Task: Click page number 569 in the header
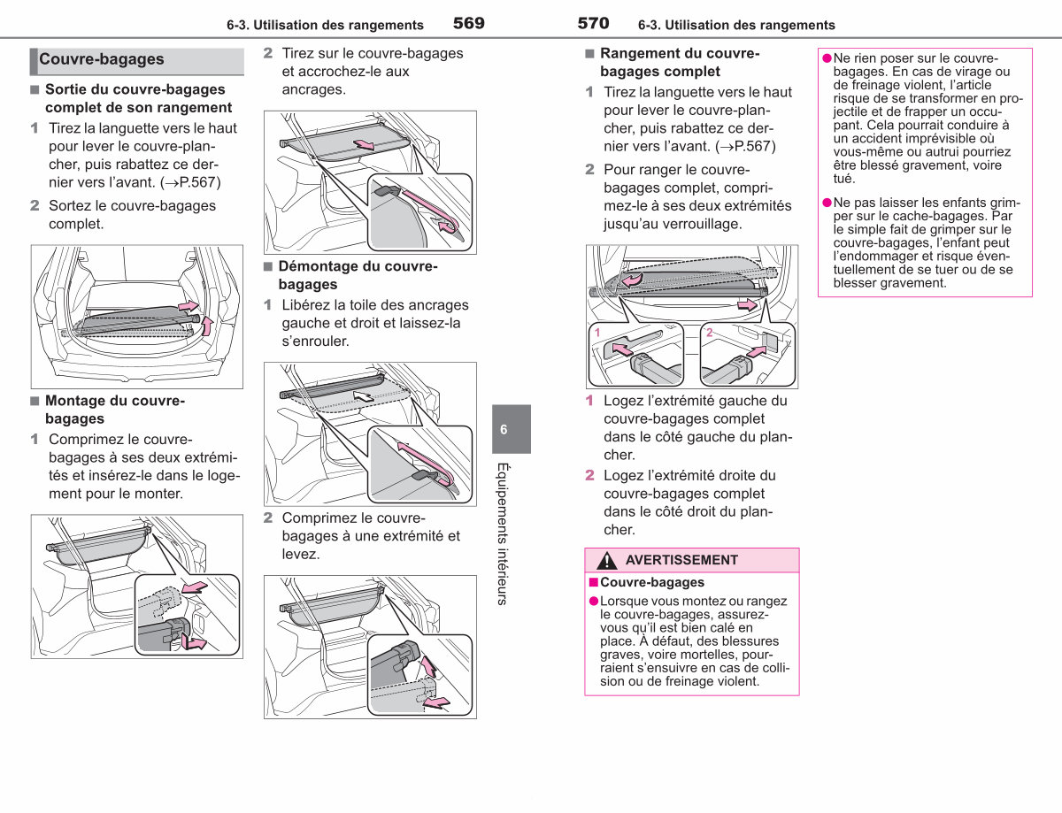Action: point(468,23)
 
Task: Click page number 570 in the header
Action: point(593,23)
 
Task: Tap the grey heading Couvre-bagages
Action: point(102,59)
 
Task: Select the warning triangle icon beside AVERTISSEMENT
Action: point(606,560)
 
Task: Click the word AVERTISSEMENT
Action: point(681,560)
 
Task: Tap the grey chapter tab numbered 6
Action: point(512,429)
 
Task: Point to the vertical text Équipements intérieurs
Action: point(503,533)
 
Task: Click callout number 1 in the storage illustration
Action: point(597,333)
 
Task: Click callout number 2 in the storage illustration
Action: point(709,333)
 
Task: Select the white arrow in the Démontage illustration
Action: point(363,395)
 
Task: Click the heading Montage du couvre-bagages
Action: point(115,410)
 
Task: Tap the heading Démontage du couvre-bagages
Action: point(358,275)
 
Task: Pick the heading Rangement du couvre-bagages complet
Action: point(680,63)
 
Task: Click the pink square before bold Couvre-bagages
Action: point(594,582)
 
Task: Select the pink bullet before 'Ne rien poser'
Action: point(827,58)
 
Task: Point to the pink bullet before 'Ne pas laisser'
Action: point(827,203)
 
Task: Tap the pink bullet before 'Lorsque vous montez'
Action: point(594,601)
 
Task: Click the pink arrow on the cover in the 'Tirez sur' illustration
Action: point(364,144)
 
